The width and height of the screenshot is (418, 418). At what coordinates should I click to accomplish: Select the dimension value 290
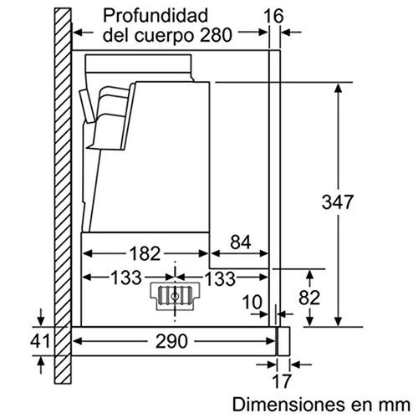[176, 342]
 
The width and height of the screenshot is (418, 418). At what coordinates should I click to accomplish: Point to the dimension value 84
[240, 243]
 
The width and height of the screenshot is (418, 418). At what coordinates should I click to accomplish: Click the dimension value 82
[311, 298]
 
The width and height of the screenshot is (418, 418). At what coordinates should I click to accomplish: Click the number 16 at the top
[273, 15]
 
